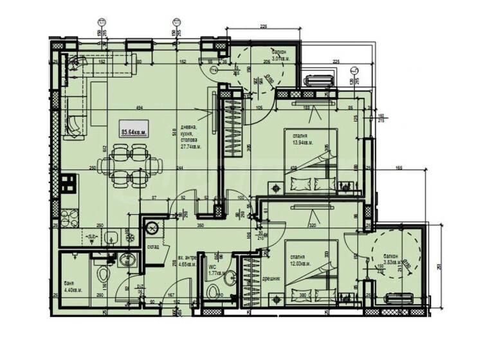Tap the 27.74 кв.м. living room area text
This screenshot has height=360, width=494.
pos(191,146)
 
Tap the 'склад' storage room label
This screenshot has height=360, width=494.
pos(152,246)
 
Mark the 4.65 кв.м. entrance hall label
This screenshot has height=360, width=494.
pos(188,263)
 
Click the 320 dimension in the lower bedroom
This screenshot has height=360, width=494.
pos(313,226)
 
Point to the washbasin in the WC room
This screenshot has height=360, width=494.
pos(232,278)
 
